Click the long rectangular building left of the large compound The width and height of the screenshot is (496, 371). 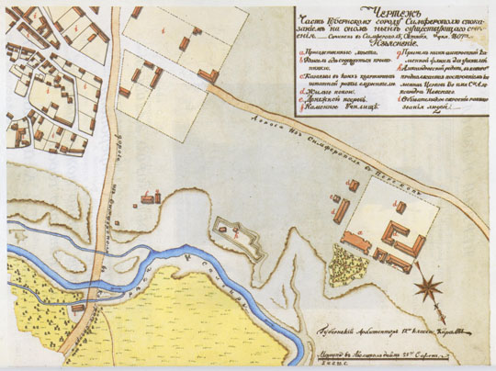(341, 210)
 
